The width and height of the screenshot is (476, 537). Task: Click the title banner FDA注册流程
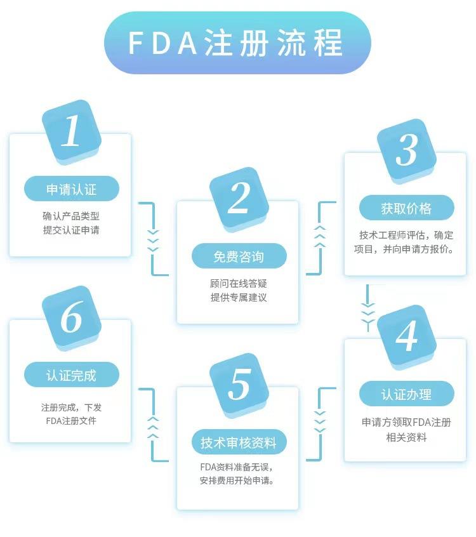pos(237,43)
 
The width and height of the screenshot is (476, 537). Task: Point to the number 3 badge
pos(406,150)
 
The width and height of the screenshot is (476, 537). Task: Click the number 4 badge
pos(406,336)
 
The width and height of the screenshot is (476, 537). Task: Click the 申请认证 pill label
pos(71,189)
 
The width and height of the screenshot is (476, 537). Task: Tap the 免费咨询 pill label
pos(239,256)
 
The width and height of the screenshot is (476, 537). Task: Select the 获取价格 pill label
pos(406,208)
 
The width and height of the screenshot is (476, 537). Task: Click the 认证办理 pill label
pos(406,394)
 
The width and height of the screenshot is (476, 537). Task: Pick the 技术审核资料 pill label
pos(239,442)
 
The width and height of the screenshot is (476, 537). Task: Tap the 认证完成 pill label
pos(71,375)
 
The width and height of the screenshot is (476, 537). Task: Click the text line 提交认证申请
pos(71,230)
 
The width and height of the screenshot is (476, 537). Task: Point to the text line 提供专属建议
pos(239,297)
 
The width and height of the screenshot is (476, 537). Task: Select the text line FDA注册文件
pos(71,420)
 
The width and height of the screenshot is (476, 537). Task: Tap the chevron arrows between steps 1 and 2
pos(153,240)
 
